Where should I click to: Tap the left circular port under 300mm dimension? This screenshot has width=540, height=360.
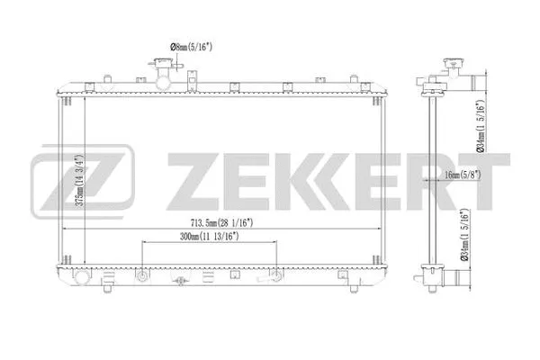pyautogui.click(x=141, y=276)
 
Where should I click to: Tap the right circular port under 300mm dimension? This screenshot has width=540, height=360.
pyautogui.click(x=276, y=276)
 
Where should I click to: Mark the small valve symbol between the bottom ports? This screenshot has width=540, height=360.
pyautogui.click(x=184, y=280)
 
